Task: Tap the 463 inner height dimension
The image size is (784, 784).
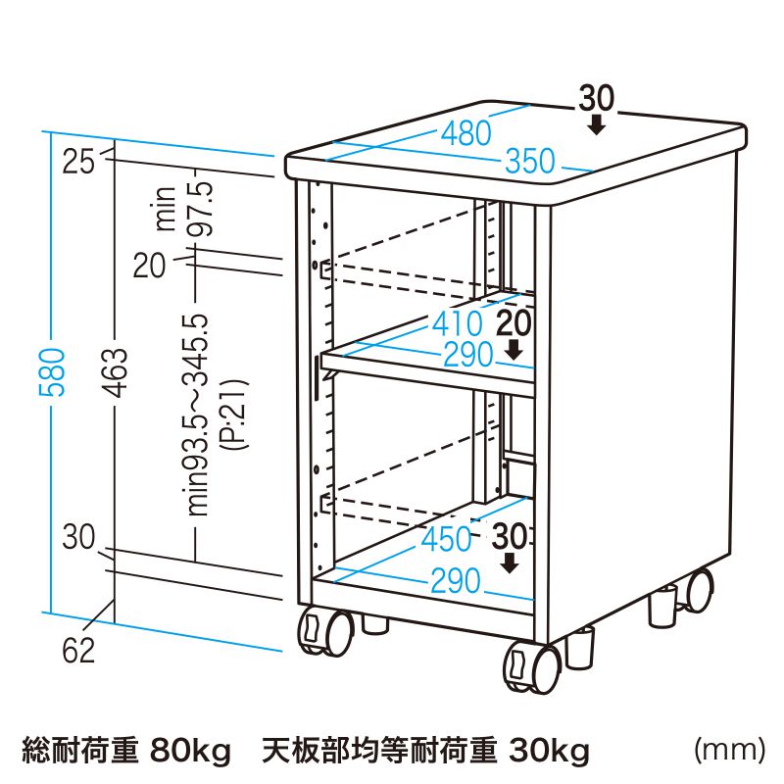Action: pyautogui.click(x=115, y=372)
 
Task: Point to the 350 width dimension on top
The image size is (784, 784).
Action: pyautogui.click(x=530, y=162)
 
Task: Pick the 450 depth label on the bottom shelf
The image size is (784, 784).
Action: pyautogui.click(x=447, y=538)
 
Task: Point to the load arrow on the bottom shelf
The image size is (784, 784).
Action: pyautogui.click(x=510, y=563)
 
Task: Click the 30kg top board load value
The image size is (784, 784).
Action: pyautogui.click(x=548, y=752)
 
